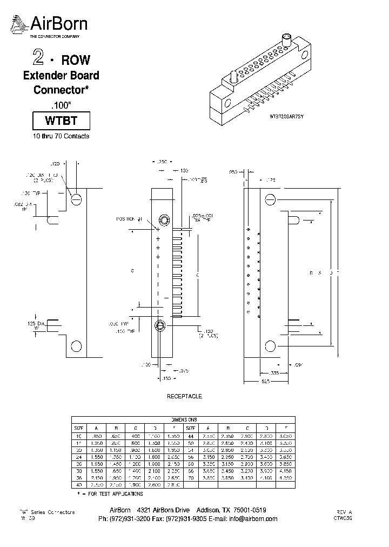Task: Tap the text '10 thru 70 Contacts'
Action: point(61,136)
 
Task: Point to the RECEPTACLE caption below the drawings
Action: point(184,396)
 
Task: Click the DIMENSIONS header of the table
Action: point(184,419)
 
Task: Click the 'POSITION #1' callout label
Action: point(129,219)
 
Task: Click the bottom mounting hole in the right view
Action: point(270,346)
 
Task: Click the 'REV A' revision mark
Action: point(344,511)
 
